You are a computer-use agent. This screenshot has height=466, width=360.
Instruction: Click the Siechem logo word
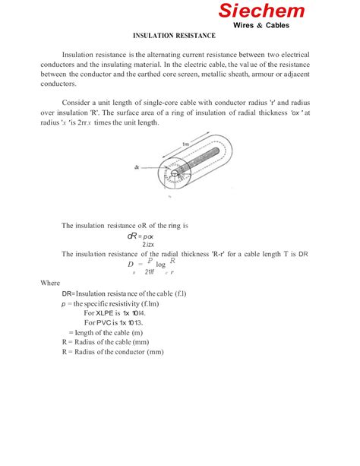point(262,11)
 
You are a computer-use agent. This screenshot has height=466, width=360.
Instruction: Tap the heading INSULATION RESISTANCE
point(175,36)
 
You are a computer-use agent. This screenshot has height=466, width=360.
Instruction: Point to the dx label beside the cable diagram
point(137,167)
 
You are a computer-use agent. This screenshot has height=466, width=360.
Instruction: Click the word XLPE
point(103,312)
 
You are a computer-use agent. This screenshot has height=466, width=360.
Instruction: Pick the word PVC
point(101,322)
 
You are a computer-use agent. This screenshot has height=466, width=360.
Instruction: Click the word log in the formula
point(160,264)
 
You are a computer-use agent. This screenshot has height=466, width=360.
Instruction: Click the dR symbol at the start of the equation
point(132,236)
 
